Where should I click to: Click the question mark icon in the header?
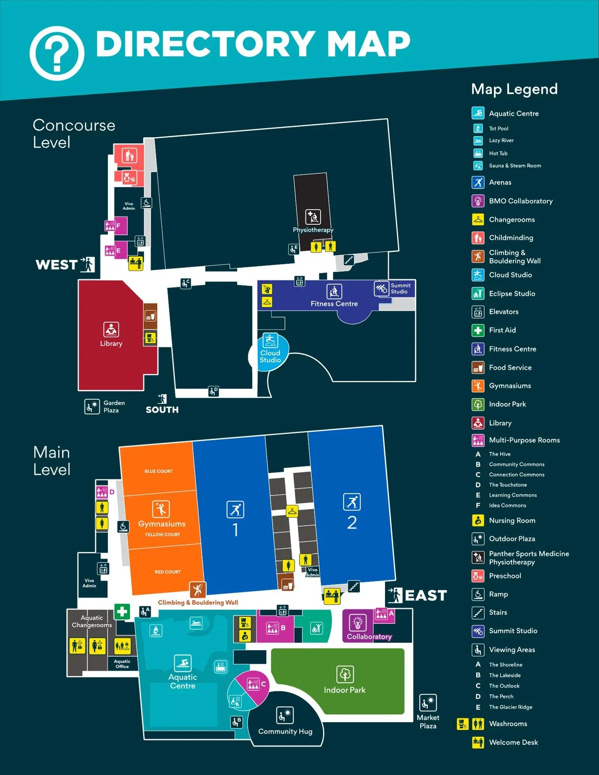57,53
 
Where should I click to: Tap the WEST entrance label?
57,265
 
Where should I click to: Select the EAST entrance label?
426,595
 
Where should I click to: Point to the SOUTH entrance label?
162,410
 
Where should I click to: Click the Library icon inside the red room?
111,330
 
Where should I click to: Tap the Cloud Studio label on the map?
270,356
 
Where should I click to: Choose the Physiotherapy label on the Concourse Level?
313,230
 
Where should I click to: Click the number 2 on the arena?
352,523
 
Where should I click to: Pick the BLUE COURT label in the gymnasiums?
159,471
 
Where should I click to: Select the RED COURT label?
167,572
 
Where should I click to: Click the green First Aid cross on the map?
122,611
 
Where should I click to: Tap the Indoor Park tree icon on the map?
345,675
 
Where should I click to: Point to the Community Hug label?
285,731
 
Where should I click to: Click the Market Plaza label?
428,722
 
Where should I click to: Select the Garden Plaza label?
114,406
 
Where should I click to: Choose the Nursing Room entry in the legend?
512,520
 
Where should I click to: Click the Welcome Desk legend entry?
513,742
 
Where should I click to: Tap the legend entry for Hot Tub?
498,153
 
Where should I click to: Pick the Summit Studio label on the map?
400,288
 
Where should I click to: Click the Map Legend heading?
514,89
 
